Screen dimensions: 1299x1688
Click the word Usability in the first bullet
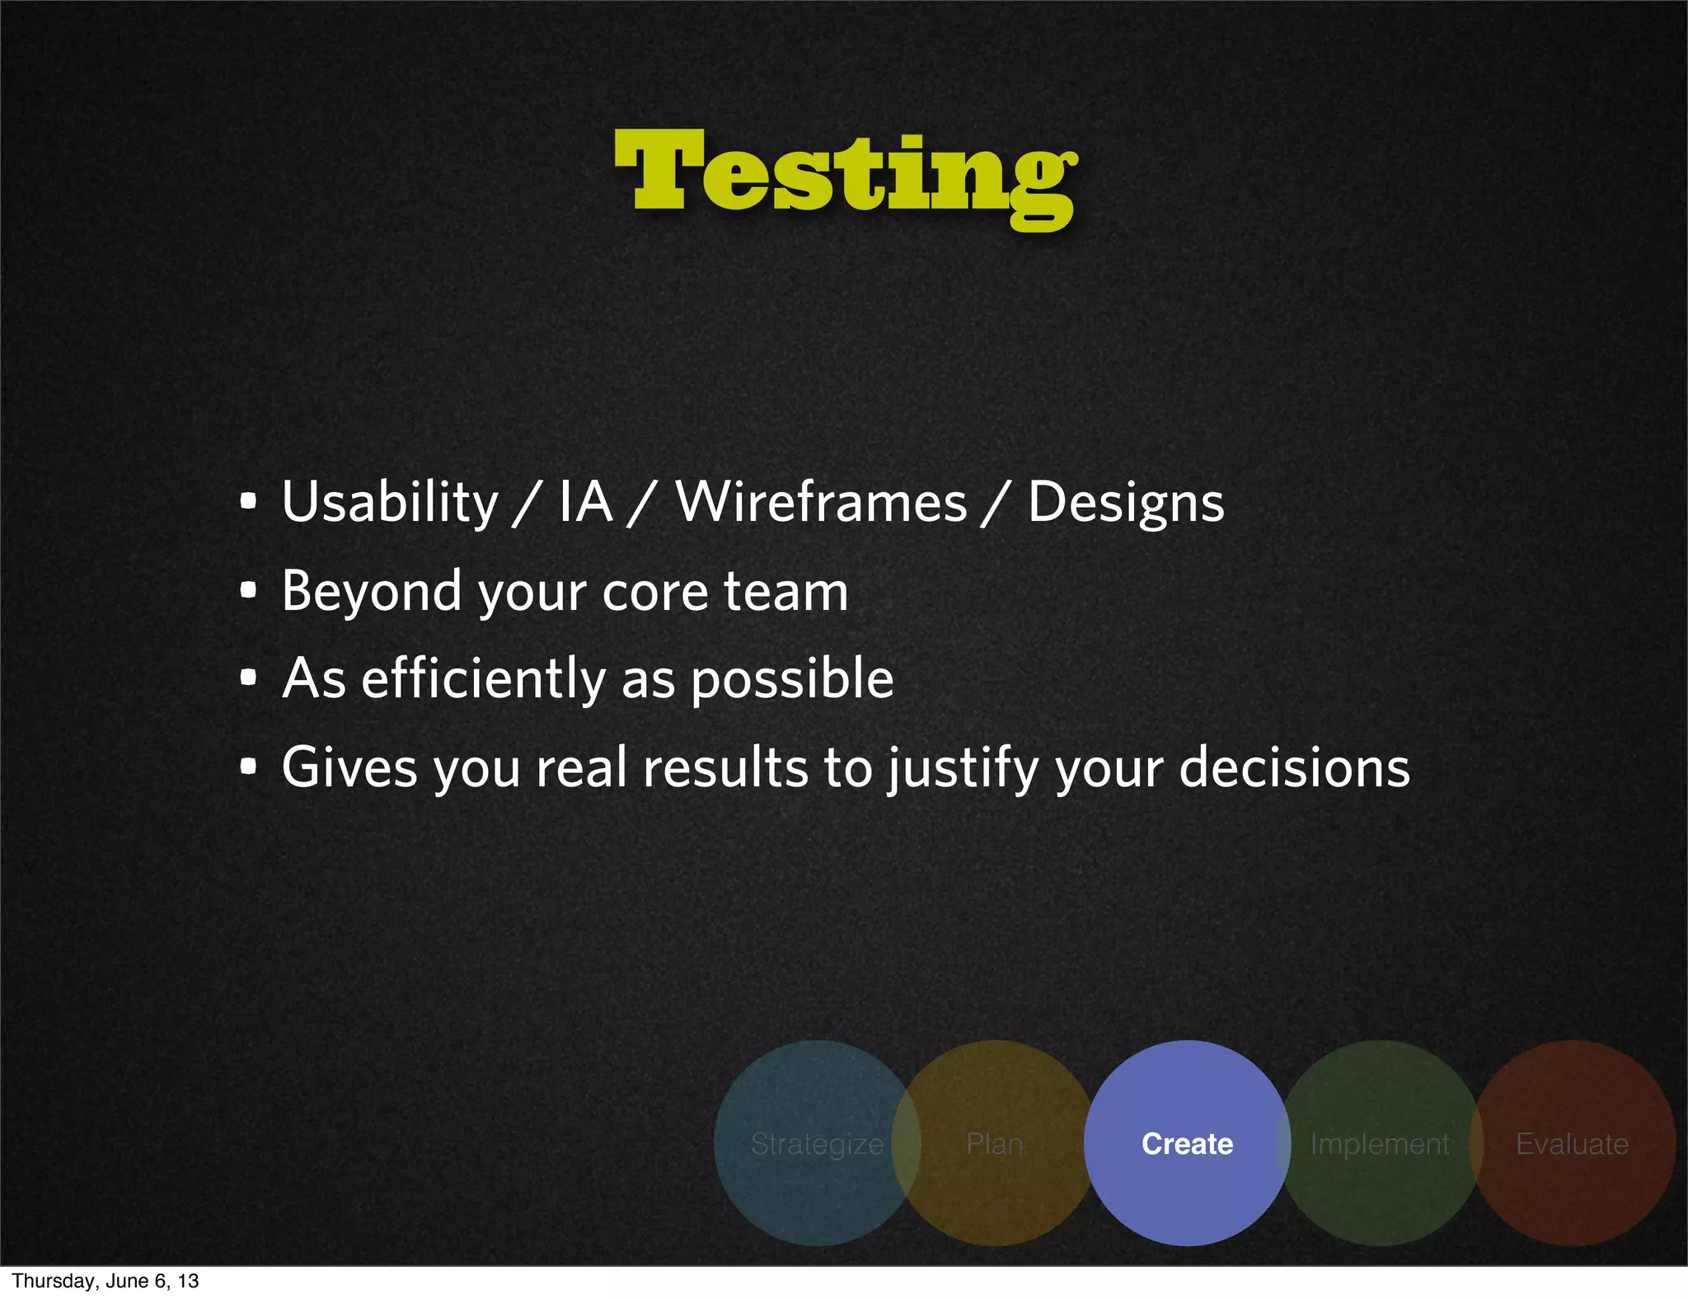point(389,503)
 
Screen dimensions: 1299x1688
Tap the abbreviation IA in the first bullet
point(586,503)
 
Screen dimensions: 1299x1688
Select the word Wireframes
point(821,503)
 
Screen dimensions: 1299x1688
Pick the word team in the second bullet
point(785,592)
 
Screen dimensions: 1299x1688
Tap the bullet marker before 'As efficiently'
point(248,678)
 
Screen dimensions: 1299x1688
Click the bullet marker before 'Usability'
point(248,500)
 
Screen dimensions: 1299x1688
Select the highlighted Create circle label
point(1187,1144)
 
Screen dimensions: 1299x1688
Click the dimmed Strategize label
point(817,1144)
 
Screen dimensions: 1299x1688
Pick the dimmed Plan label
point(994,1144)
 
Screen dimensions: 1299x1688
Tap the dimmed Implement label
point(1380,1144)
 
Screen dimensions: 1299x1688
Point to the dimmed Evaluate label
point(1572,1144)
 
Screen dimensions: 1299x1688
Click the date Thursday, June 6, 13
point(105,1281)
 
